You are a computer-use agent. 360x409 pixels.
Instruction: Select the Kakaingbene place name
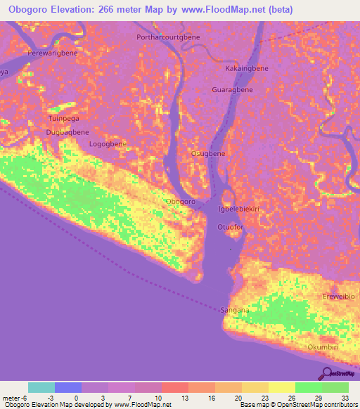pos(246,69)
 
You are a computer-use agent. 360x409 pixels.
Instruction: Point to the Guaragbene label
pos(232,90)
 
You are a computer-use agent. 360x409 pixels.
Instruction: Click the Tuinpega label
pos(63,119)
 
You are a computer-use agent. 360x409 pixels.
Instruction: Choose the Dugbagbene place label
pos(67,132)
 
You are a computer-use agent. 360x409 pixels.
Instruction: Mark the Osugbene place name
pos(208,153)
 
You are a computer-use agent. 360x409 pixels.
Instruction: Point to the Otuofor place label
pos(230,228)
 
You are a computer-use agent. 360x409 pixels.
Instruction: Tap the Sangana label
pos(235,309)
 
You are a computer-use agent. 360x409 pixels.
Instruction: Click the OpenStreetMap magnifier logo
pos(327,373)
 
